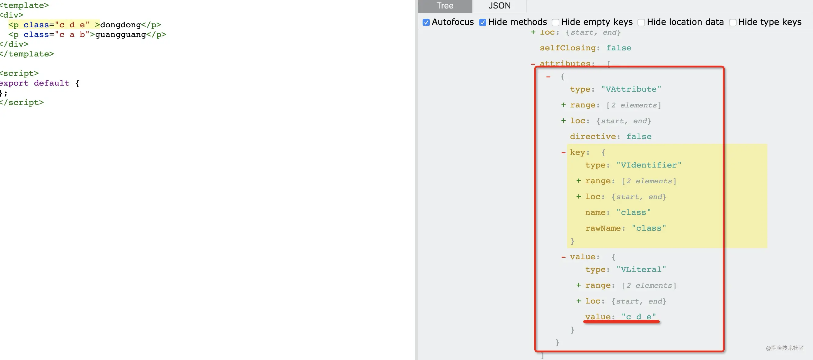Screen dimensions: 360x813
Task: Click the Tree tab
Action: tap(445, 6)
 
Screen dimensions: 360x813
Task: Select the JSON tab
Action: tap(499, 6)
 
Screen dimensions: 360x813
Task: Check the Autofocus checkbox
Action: tap(426, 22)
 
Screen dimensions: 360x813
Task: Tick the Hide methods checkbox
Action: tap(482, 22)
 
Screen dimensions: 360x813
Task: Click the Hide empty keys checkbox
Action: tap(556, 22)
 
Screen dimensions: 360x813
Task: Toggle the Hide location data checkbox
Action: tap(641, 22)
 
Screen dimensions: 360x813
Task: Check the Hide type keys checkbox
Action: tap(733, 22)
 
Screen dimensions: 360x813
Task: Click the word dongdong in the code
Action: tap(120, 25)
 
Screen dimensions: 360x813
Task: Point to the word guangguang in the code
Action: tap(121, 34)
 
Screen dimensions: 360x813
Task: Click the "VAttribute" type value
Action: tap(631, 89)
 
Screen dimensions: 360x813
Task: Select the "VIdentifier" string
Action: tap(649, 165)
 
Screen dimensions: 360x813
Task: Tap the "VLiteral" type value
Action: tap(641, 270)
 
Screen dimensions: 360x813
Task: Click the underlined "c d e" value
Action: tap(639, 317)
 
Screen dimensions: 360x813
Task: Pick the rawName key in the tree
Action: tap(603, 228)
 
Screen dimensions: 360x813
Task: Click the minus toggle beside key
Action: tap(563, 153)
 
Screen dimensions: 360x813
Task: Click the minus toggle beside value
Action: tap(563, 257)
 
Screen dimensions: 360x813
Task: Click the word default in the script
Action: tap(51, 83)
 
